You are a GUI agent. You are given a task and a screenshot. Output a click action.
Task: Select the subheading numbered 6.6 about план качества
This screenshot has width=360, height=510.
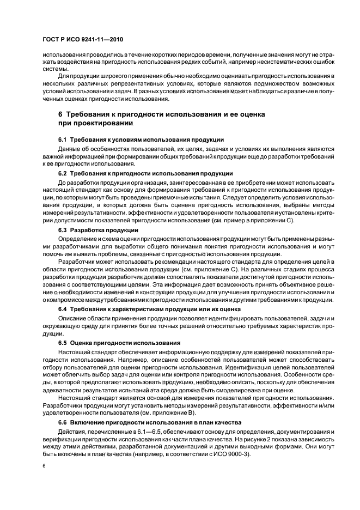pyautogui.click(x=142, y=423)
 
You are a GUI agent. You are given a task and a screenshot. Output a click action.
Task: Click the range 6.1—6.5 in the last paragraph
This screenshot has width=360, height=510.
pyautogui.click(x=152, y=432)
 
